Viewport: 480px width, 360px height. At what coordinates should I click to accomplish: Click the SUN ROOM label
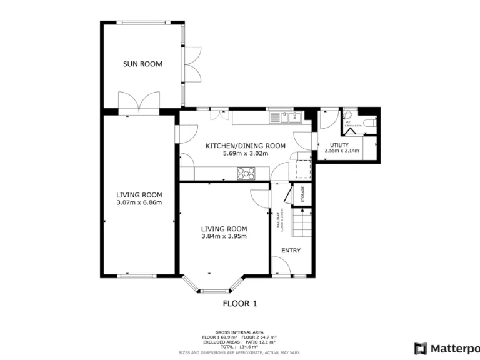tap(142, 64)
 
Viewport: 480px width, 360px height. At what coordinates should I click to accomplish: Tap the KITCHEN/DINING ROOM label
tap(246, 146)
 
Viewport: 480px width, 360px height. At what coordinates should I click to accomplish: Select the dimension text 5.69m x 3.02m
tap(246, 153)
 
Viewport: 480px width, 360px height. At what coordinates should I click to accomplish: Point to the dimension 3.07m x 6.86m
tap(139, 202)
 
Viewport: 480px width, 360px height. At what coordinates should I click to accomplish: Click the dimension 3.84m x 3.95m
tap(224, 236)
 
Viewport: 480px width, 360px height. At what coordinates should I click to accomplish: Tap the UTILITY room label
tap(339, 145)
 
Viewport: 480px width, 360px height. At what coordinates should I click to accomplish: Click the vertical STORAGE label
tap(303, 194)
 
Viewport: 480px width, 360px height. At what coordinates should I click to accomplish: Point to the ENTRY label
tap(291, 251)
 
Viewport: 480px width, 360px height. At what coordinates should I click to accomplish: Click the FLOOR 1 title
tap(240, 304)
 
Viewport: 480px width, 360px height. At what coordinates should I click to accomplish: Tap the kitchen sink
tap(286, 116)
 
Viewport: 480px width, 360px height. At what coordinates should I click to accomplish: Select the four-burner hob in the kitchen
tap(246, 173)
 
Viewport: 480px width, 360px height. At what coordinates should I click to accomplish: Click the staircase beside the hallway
tap(302, 223)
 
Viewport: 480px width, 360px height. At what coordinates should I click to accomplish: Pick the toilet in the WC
tap(369, 125)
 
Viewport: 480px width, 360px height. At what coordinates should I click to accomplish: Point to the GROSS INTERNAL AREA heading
tap(240, 332)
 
